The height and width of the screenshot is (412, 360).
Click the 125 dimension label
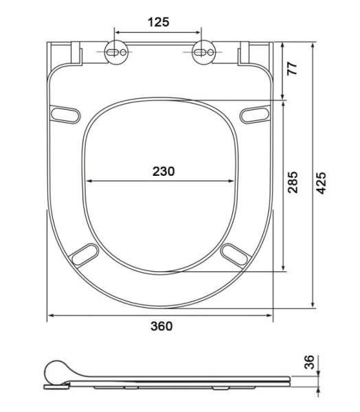tap(159, 22)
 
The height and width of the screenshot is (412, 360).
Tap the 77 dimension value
tap(292, 68)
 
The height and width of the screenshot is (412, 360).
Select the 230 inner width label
tap(164, 171)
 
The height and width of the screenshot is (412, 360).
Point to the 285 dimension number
tap(293, 183)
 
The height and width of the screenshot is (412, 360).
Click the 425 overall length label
tap(321, 183)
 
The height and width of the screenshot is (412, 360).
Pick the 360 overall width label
tap(161, 326)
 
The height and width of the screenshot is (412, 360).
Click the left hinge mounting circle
tap(116, 52)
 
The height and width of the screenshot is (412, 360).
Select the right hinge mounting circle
tap(203, 52)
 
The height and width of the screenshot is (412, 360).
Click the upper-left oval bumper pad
tap(65, 114)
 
